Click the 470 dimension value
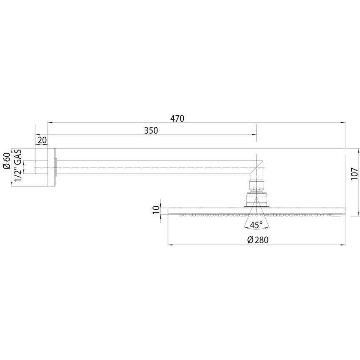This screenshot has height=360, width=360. (x=177, y=118)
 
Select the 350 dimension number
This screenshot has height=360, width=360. (x=151, y=130)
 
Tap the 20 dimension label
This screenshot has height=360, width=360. (x=42, y=140)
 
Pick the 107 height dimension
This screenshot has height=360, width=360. (x=354, y=174)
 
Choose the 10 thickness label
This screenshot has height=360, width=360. (x=155, y=209)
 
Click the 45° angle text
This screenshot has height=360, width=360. (x=256, y=225)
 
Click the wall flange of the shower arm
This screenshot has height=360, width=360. (x=52, y=167)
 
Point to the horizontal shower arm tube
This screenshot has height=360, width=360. (x=154, y=167)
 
